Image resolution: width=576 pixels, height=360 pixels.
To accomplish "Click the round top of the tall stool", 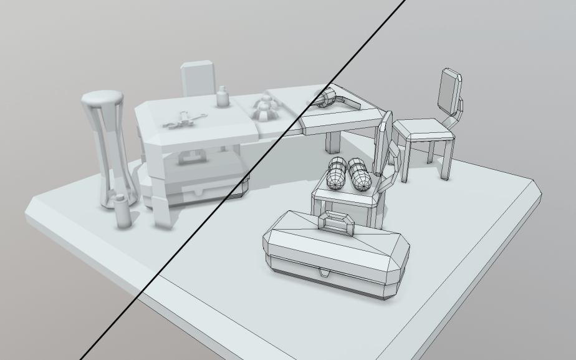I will point(103,98).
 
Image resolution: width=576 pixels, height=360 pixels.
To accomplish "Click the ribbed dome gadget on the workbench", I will point(265,109).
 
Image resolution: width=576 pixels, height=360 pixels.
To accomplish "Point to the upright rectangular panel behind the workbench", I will point(198,79).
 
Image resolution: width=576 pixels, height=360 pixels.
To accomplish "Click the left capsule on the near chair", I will point(337,173).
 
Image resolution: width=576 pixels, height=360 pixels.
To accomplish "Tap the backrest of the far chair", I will point(449,90).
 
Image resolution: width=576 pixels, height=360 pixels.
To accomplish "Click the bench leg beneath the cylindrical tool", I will point(333,142).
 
